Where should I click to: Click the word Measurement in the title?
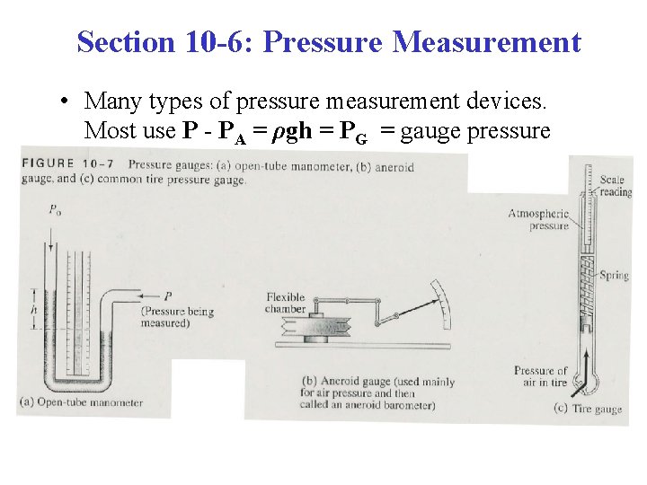coord(486,42)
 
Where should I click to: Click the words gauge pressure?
coord(475,131)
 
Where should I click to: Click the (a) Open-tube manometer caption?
coord(82,402)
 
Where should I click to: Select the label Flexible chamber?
coord(286,304)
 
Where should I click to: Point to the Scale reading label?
coord(616,186)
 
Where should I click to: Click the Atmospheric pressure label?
coord(538,219)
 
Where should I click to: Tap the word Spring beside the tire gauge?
coord(615,275)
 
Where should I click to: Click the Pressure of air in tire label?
coord(541,377)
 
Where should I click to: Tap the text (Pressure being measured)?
coord(177,317)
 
